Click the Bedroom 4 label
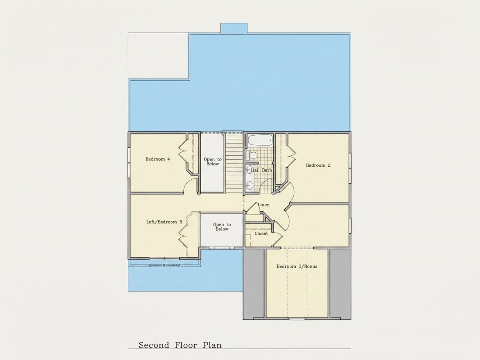point(158,159)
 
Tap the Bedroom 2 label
point(319,165)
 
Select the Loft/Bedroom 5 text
point(164,222)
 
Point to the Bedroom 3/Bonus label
point(297,266)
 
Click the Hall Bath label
point(262,170)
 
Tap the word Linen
point(264,205)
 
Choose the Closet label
point(261,233)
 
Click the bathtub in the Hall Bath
point(260,141)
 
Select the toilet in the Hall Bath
point(252,155)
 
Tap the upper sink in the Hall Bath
point(250,170)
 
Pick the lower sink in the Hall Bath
point(250,185)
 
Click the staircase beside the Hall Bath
point(234,163)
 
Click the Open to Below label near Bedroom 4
point(213,161)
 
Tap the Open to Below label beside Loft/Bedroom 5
point(222,227)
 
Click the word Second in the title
point(154,345)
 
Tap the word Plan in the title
point(212,345)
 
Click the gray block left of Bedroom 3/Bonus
point(254,284)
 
